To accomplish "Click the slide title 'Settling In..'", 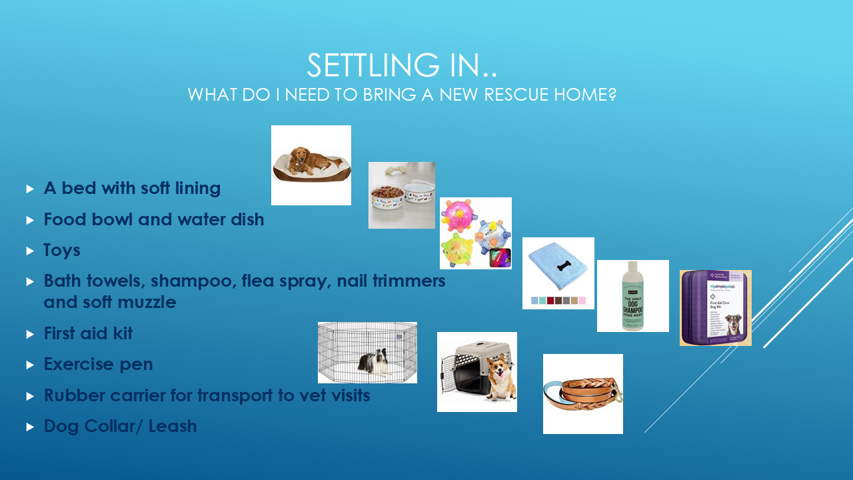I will pos(402,65).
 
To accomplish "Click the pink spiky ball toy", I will pos(460,217).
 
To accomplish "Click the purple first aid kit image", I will pos(715,308).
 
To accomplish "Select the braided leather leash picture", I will pos(582,393).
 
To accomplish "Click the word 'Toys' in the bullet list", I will pos(62,250).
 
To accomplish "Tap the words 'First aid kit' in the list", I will pos(88,333).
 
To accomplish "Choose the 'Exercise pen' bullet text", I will pos(98,365).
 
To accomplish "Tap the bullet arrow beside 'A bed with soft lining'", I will pos(30,189).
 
